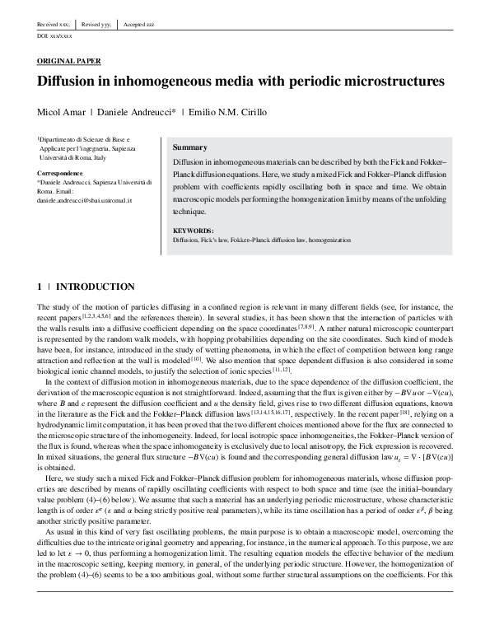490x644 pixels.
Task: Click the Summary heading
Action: (190, 147)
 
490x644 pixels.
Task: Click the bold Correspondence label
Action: (60, 173)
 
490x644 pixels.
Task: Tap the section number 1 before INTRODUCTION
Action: (40, 287)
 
